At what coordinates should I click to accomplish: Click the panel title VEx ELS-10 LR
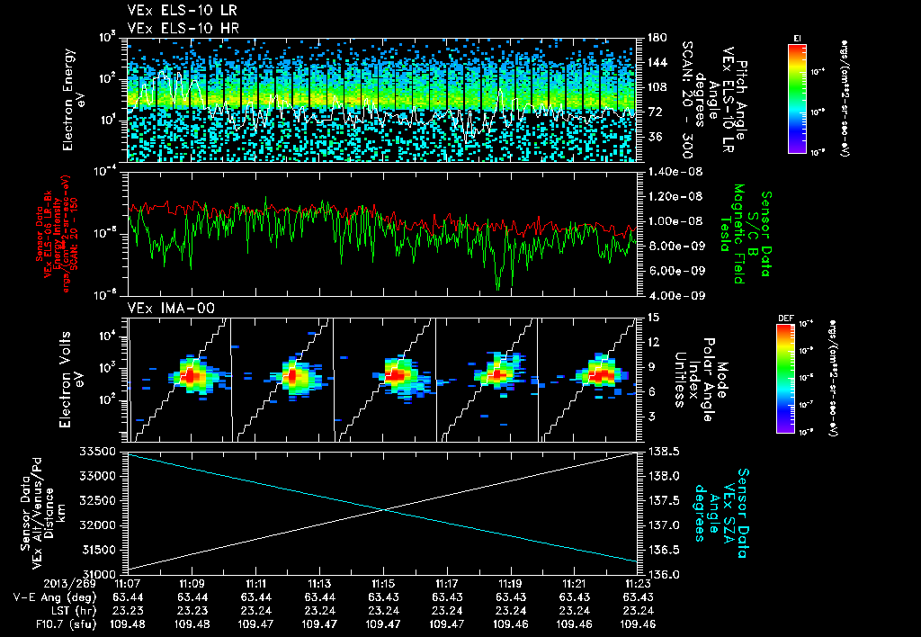175,12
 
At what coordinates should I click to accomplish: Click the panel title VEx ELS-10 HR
175,27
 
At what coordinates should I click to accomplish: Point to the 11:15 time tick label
384,583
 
